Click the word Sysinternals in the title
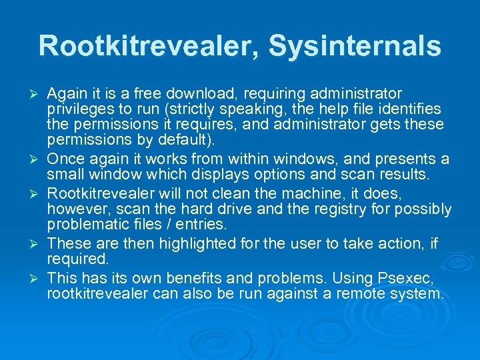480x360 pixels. coord(355,47)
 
